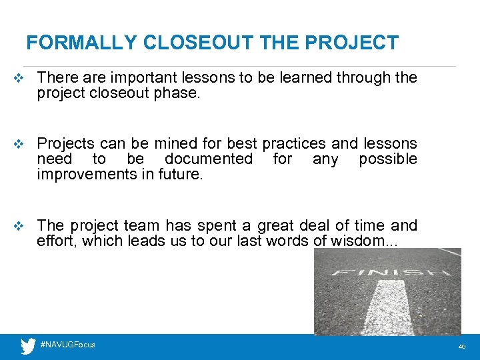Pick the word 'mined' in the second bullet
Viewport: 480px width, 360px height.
pos(175,143)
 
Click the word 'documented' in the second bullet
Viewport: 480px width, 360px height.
pos(209,159)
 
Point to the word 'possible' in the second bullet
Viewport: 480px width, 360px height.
pos(387,159)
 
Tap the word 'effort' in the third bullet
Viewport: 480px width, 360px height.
pos(55,241)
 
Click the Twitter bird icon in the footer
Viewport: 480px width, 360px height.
pos(27,347)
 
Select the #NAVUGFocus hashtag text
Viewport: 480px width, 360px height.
pos(67,345)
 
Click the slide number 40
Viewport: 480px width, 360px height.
pos(462,347)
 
